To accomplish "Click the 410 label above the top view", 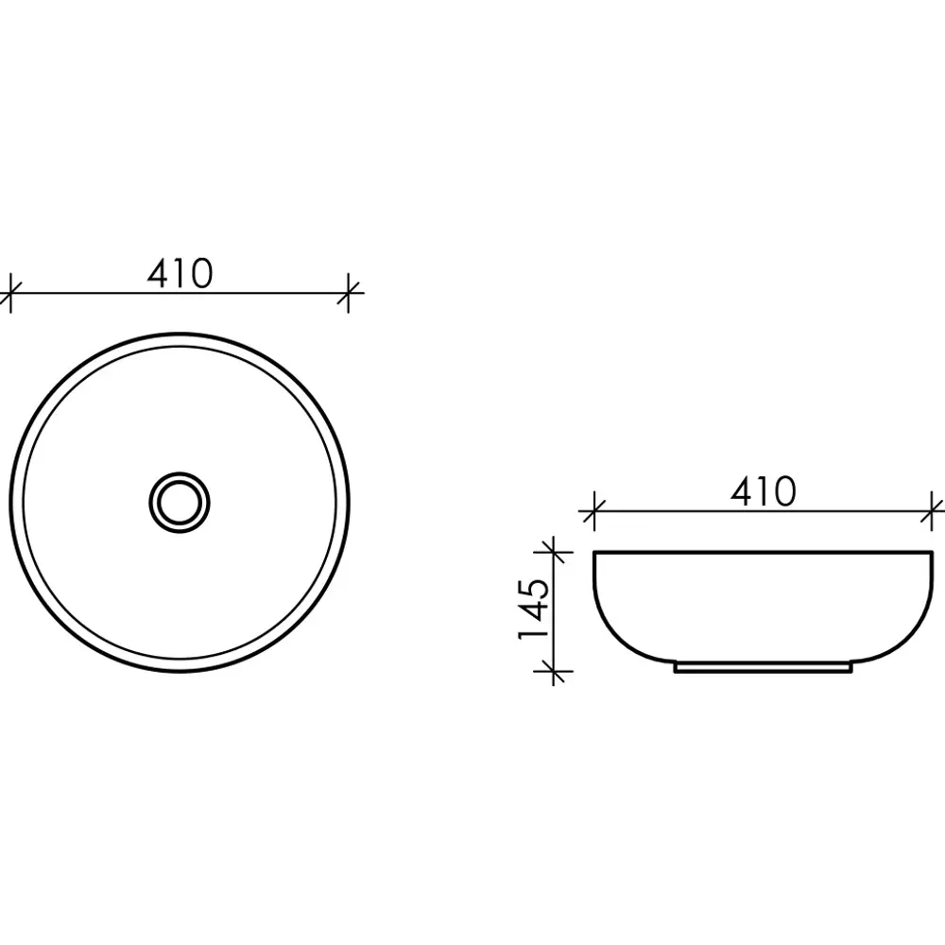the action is pos(180,274).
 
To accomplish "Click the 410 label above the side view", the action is pos(763,491).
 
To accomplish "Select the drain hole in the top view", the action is pos(179,502).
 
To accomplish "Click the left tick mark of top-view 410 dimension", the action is pos(10,293).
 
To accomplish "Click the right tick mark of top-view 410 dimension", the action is pos(348,293).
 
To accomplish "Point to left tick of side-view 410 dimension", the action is pos(594,511).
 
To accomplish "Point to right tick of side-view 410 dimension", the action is pos(932,511).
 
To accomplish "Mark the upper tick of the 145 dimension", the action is pos(553,552).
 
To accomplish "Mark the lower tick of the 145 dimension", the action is pos(553,670).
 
